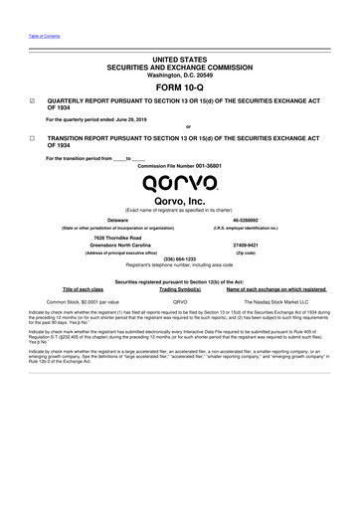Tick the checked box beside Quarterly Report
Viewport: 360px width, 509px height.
coord(34,101)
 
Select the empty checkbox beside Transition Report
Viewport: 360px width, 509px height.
coord(34,140)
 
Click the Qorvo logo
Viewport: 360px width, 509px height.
coord(179,183)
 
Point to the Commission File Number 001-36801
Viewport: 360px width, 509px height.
coord(180,165)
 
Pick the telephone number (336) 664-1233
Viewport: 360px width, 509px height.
coord(180,260)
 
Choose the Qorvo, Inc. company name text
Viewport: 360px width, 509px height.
coord(180,202)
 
